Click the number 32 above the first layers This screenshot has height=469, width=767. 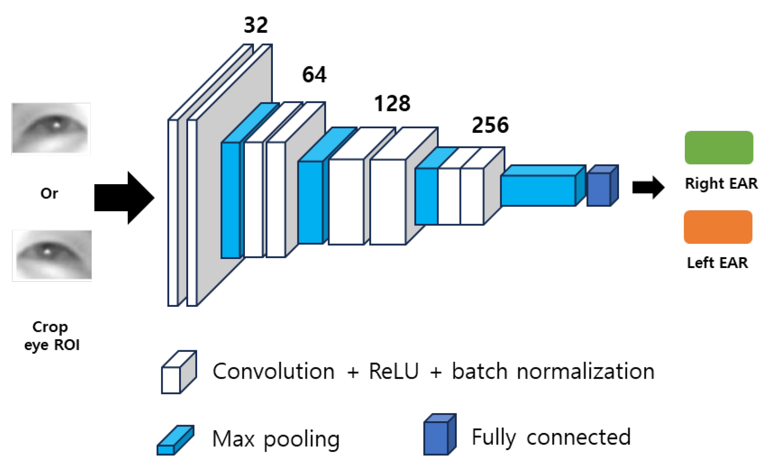256,25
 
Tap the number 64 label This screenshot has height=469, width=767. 314,75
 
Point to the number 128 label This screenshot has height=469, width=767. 392,104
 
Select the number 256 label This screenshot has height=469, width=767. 490,125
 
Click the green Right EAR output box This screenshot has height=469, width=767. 718,148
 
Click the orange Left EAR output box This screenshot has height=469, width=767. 718,227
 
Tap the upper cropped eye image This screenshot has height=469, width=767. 51,129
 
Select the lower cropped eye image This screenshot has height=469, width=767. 52,255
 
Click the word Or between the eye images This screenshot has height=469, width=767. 49,194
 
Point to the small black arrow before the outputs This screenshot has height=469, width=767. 648,187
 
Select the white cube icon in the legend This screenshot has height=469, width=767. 178,373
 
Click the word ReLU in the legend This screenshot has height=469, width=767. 393,371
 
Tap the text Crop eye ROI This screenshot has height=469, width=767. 51,336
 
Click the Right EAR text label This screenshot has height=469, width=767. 721,184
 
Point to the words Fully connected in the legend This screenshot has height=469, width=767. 551,438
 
